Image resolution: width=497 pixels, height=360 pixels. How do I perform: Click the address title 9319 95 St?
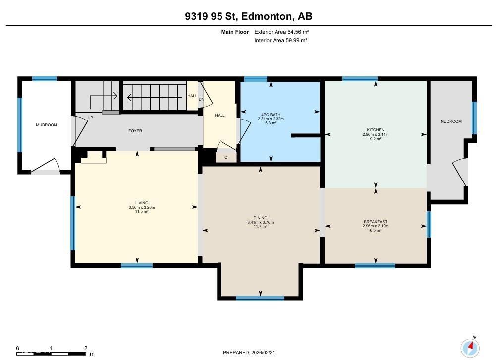pyautogui.click(x=248, y=16)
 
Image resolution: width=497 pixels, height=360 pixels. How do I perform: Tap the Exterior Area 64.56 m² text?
pyautogui.click(x=281, y=32)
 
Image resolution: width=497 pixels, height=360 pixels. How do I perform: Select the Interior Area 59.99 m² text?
pyautogui.click(x=280, y=40)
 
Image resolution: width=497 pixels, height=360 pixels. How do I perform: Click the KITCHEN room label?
pyautogui.click(x=375, y=130)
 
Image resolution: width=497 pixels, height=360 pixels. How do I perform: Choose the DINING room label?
pyautogui.click(x=260, y=218)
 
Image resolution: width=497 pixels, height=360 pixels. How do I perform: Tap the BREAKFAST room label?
pyautogui.click(x=375, y=222)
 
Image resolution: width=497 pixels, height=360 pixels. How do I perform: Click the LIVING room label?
pyautogui.click(x=136, y=203)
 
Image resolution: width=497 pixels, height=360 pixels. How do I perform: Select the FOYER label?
pyautogui.click(x=135, y=131)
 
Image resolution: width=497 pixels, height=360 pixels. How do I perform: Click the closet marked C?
pyautogui.click(x=226, y=157)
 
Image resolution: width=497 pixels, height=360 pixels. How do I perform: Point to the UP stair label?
pyautogui.click(x=90, y=118)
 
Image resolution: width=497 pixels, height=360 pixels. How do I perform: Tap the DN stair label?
pyautogui.click(x=201, y=99)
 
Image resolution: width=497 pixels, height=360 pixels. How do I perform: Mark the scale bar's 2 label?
pyautogui.click(x=86, y=348)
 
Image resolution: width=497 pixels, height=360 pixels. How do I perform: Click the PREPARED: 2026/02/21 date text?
pyautogui.click(x=248, y=352)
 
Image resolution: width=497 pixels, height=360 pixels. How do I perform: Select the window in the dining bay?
pyautogui.click(x=260, y=298)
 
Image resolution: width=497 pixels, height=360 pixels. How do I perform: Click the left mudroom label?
pyautogui.click(x=46, y=125)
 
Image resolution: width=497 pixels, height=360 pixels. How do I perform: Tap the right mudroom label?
pyautogui.click(x=451, y=121)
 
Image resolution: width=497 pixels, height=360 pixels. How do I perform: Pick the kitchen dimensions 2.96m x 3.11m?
pyautogui.click(x=375, y=135)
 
